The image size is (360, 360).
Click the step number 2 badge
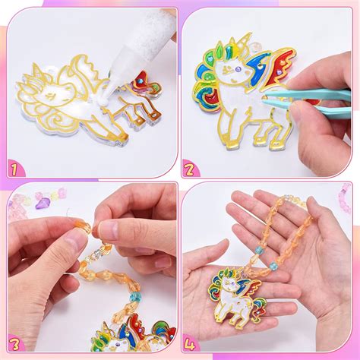point(191,168)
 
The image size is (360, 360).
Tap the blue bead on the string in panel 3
point(133,296)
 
